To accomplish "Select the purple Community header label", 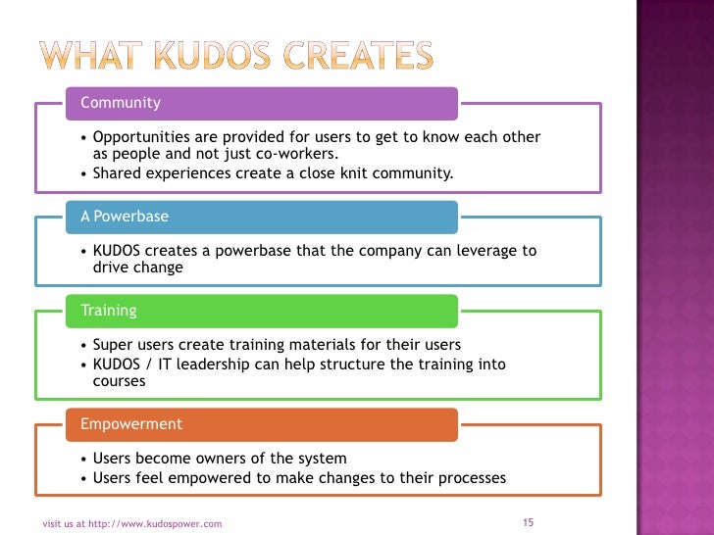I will click(x=120, y=102).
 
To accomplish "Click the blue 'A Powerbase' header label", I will click(x=125, y=216).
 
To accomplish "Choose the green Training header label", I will click(x=108, y=311).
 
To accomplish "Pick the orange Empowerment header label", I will click(x=130, y=424).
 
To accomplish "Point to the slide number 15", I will click(x=528, y=522).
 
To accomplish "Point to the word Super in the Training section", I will click(x=113, y=345).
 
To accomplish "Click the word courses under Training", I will click(x=119, y=381).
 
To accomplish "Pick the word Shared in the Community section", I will click(x=117, y=173).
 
